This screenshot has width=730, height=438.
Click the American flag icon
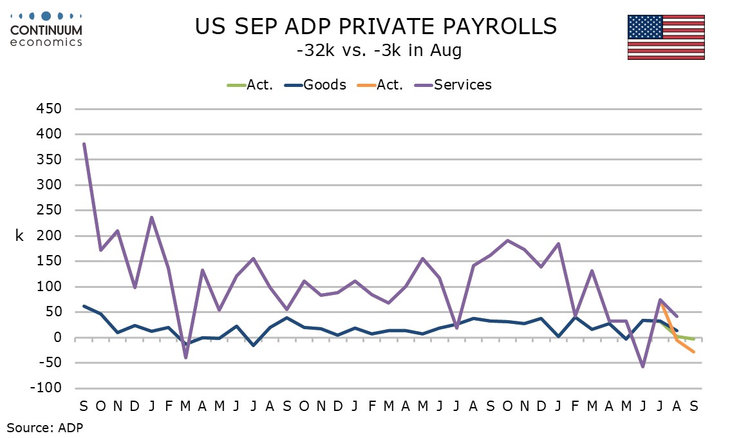[x=666, y=37]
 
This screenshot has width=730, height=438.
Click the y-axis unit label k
[x=19, y=236]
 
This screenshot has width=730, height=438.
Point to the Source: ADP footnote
[x=45, y=427]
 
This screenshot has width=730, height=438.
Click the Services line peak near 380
[x=84, y=144]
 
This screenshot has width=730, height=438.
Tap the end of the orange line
[x=694, y=352]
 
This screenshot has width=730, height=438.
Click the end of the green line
[x=694, y=339]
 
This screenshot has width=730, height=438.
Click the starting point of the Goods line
[x=84, y=306]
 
